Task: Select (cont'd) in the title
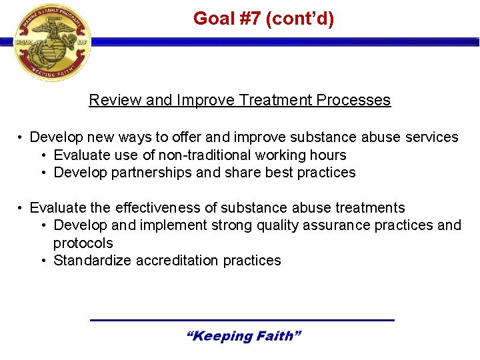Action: point(300,19)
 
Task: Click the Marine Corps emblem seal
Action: point(52,43)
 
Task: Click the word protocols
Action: point(83,243)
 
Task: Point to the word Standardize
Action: point(93,261)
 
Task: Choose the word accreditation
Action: point(177,261)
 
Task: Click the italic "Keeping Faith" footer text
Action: point(243,336)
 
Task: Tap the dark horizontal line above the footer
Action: point(242,321)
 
